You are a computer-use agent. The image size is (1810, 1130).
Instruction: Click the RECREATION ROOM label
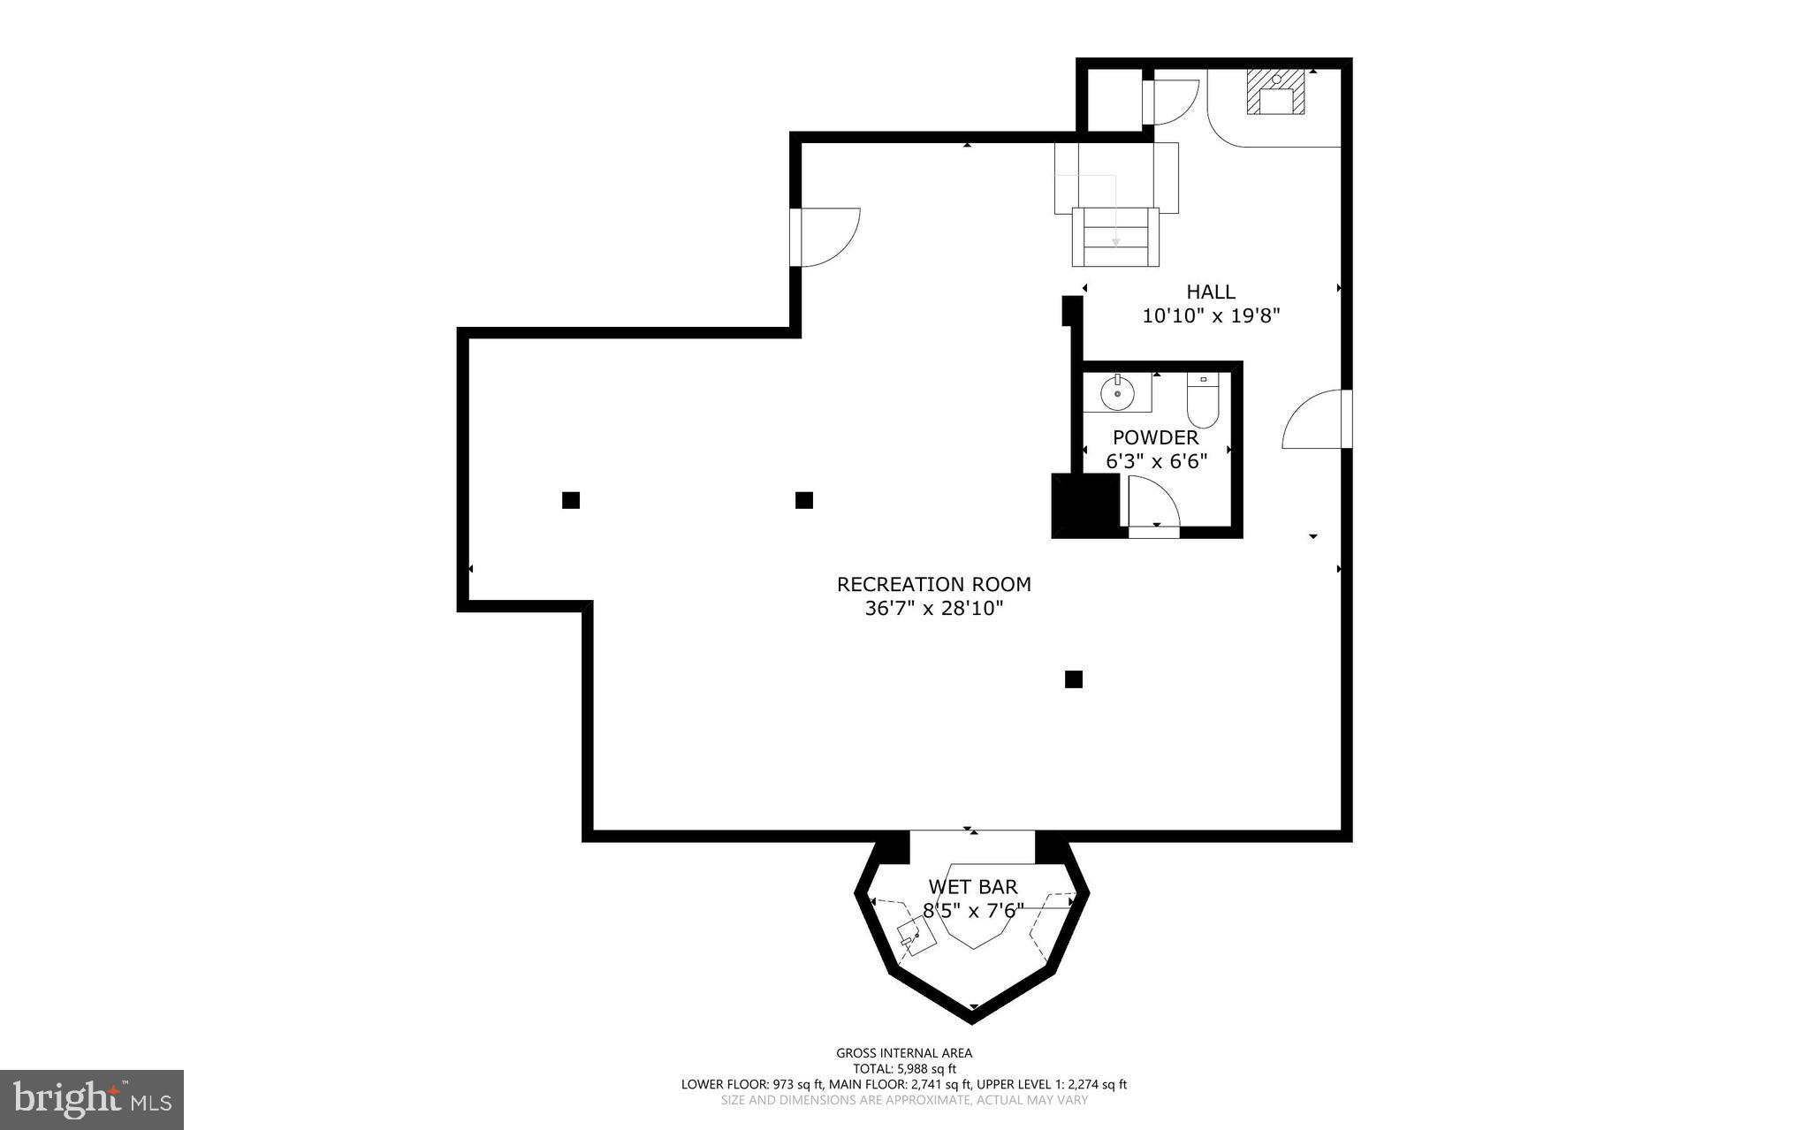pos(933,584)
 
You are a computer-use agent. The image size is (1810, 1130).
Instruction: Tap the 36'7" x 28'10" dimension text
pos(933,609)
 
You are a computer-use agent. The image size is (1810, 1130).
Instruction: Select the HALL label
pos(1210,292)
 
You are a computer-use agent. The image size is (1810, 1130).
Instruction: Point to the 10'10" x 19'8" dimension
pos(1210,315)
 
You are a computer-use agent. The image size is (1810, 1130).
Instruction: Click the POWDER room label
pos(1155,437)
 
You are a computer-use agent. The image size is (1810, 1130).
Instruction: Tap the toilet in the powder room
pos(1202,402)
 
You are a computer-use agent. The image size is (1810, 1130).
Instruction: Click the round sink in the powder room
pos(1117,394)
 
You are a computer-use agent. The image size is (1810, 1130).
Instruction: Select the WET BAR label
pos(972,887)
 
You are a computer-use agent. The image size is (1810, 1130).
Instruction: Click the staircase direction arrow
pos(1115,239)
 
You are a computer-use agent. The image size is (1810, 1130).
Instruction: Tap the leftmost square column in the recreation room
pos(571,500)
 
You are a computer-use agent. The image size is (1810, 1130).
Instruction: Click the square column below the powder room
pos(1073,679)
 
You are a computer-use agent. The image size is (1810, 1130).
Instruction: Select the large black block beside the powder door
pos(1084,505)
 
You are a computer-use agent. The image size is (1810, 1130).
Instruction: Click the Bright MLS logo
pos(91,1099)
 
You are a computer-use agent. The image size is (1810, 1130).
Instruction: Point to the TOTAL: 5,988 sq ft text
pos(904,1069)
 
